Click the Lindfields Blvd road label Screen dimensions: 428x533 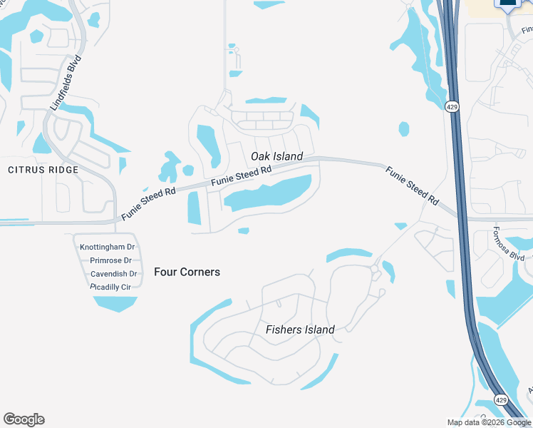(x=66, y=84)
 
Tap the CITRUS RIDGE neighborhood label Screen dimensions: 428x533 (x=43, y=170)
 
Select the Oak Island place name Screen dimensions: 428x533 (x=276, y=156)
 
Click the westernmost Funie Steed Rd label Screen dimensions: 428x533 (x=148, y=204)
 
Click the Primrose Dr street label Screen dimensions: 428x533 (x=111, y=260)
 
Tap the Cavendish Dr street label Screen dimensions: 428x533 (x=113, y=274)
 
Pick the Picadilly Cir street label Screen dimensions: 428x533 (x=111, y=287)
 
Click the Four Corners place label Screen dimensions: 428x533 (x=187, y=272)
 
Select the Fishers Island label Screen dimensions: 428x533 (x=300, y=330)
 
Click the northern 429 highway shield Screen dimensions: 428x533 (x=452, y=107)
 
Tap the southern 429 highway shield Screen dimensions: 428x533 (x=501, y=402)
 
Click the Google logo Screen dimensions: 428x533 (x=24, y=419)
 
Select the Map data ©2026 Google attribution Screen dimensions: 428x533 (x=489, y=422)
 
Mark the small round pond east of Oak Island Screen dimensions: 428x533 (x=404, y=129)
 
